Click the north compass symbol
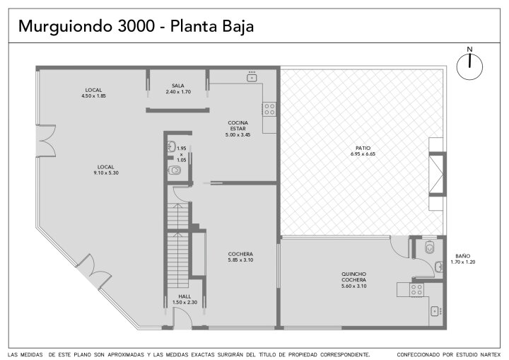(469, 66)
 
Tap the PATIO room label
(363, 148)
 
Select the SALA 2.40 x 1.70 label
(178, 88)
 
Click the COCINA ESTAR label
(238, 125)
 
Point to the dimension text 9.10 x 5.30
(106, 173)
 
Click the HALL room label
(185, 296)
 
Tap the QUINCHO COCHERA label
(354, 277)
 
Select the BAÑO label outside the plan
(462, 256)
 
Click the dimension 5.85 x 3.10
(240, 260)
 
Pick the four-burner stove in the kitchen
(269, 109)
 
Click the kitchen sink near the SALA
(252, 77)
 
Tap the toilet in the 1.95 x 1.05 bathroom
(175, 170)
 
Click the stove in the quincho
(416, 289)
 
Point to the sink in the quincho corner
(435, 311)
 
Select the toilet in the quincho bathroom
(429, 248)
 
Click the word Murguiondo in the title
(66, 26)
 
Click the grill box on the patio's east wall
(438, 174)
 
